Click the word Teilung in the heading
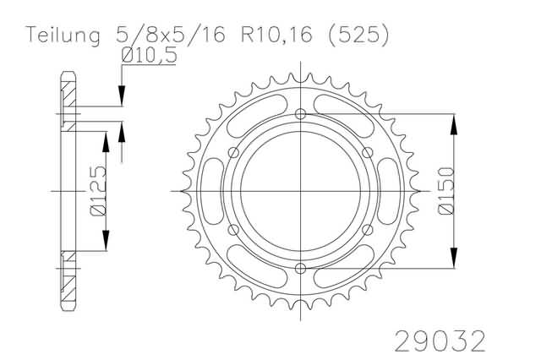tap(63, 35)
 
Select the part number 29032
tap(440, 341)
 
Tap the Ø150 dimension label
tap(445, 191)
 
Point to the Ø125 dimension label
tap(98, 191)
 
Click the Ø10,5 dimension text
tap(149, 55)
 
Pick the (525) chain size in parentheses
tap(358, 35)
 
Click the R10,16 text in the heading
tap(276, 35)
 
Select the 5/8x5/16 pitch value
tap(171, 35)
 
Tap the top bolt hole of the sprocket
tap(301, 114)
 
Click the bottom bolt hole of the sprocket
tap(301, 268)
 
